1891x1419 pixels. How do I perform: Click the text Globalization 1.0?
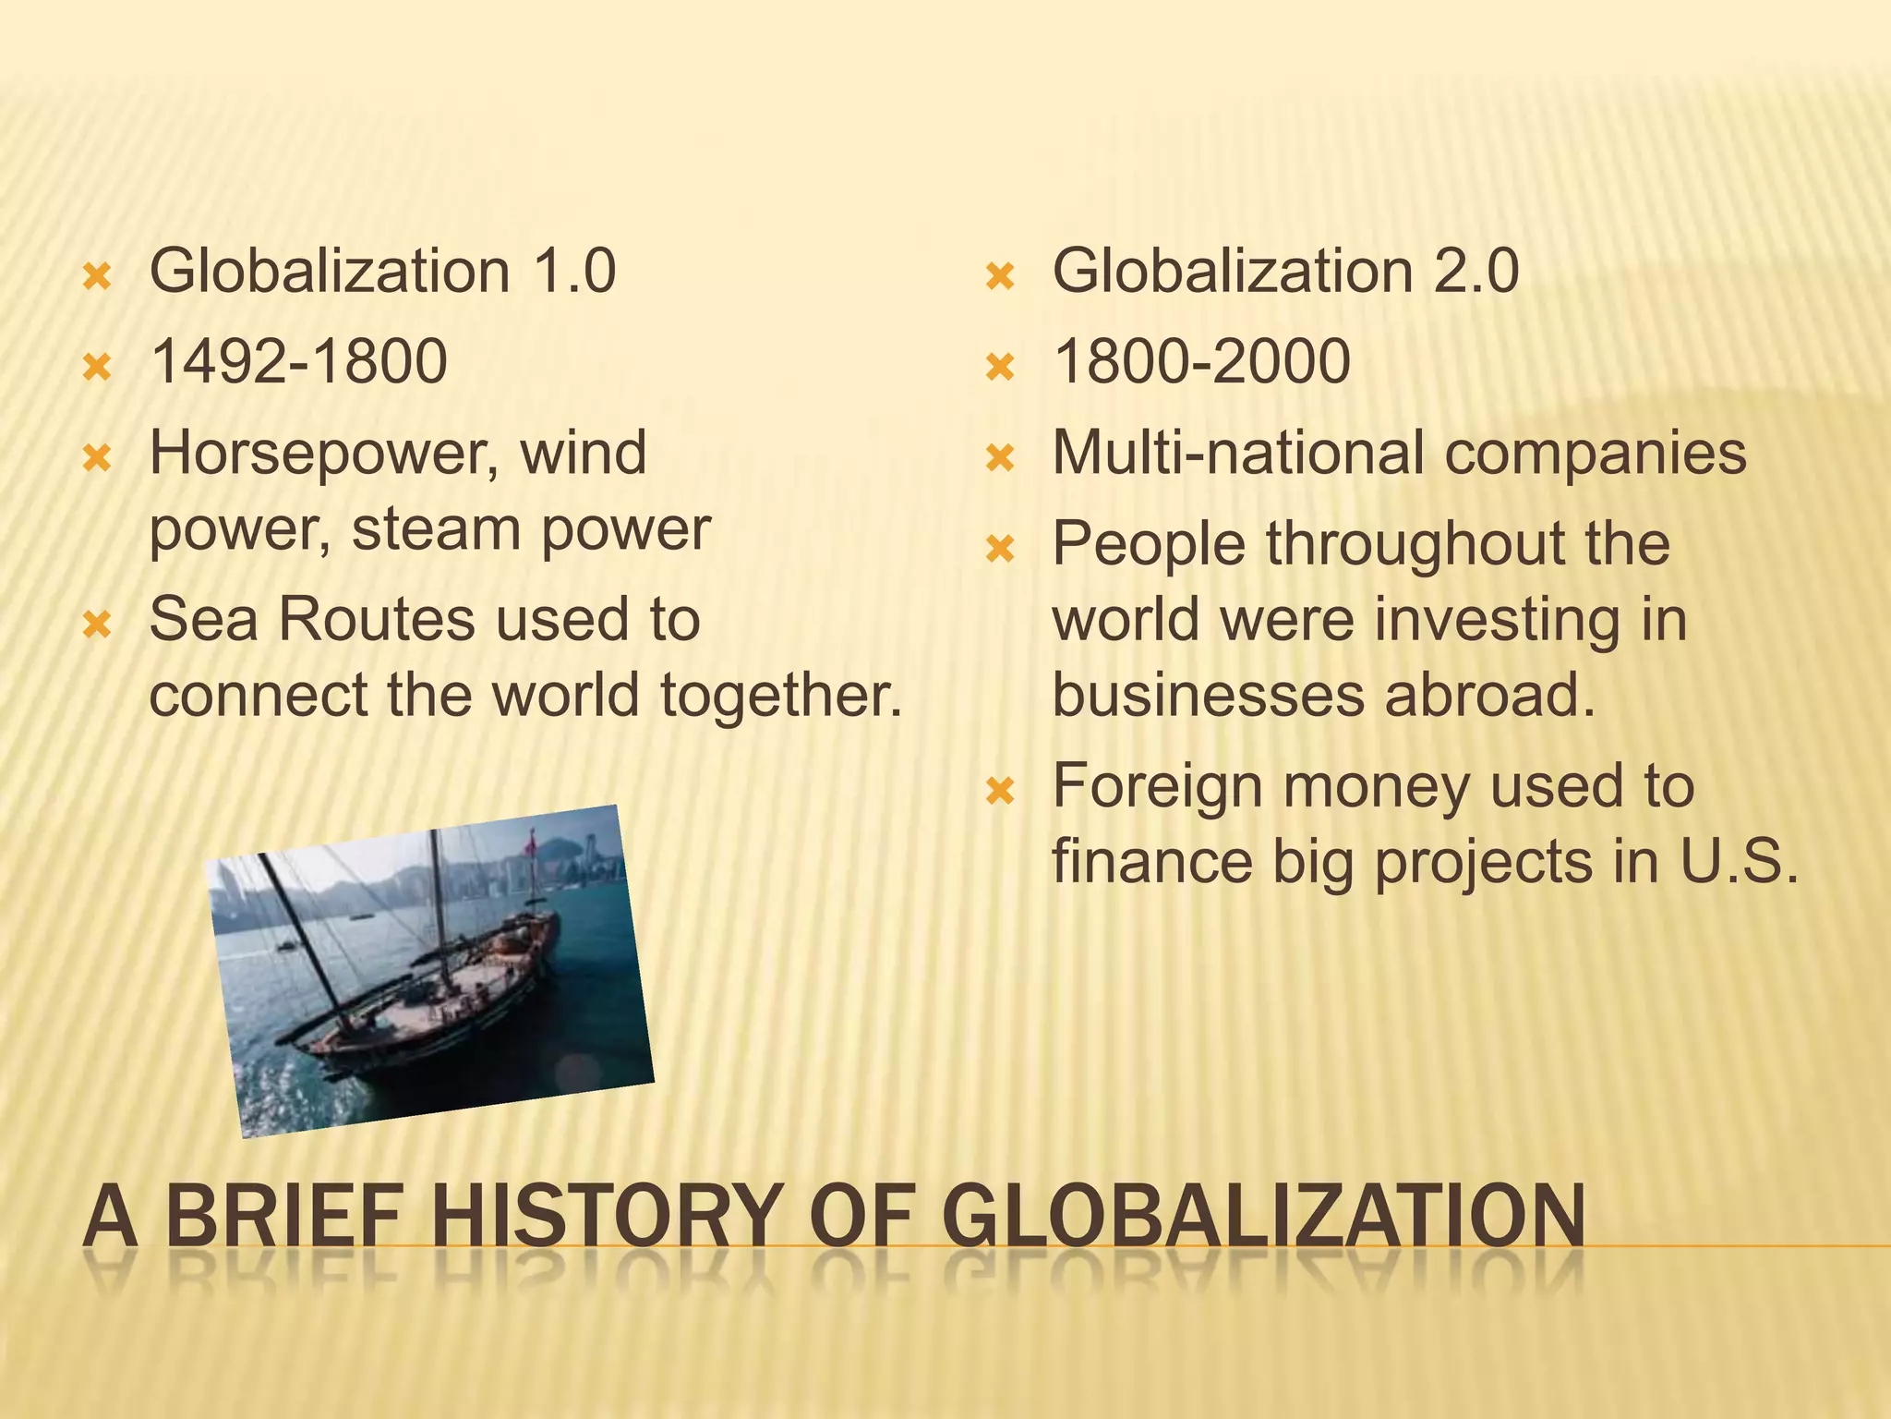click(382, 272)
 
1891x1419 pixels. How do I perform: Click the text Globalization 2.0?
click(1285, 272)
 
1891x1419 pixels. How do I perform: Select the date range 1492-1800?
click(298, 361)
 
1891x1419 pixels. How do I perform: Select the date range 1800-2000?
click(1201, 361)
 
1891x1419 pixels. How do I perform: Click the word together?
click(781, 695)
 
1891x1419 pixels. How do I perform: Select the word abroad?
click(1489, 695)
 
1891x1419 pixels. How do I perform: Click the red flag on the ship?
click(531, 842)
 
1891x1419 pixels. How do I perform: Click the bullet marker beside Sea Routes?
click(97, 626)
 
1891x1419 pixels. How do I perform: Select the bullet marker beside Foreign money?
click(1000, 792)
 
